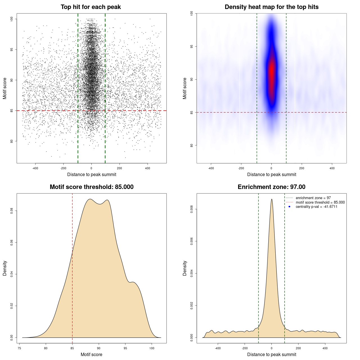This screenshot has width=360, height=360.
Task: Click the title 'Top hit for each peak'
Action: coord(91,7)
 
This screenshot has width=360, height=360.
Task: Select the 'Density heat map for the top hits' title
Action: coord(271,7)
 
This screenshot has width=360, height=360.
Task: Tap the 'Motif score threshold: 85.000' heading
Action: coord(91,187)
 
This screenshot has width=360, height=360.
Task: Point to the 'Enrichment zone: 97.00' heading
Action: coord(271,187)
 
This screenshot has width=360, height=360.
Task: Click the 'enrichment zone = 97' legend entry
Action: coord(313,198)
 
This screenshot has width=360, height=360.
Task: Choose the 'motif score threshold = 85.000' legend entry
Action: coord(320,202)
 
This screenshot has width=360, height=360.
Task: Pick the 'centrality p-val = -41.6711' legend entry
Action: coord(316,207)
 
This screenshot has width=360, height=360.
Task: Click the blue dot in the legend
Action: coord(289,207)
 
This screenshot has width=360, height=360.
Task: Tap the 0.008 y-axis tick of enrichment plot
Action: coord(192,209)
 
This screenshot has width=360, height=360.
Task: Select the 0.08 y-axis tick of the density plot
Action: coord(12,211)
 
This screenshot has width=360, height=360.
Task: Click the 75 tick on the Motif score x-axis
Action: coord(19,348)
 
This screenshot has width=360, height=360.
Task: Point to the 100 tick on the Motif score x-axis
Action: coord(152,348)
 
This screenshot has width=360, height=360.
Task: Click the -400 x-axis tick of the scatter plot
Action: coord(35,168)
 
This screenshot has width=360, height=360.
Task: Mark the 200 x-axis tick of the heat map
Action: coord(302,168)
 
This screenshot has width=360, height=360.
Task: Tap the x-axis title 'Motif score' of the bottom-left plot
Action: coord(91,354)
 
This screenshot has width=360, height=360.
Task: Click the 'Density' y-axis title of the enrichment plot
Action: coord(185,268)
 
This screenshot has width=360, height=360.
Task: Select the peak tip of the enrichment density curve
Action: coord(271,199)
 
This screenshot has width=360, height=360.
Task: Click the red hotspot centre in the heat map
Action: coord(271,70)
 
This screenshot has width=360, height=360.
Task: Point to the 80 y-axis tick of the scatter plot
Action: coord(12,141)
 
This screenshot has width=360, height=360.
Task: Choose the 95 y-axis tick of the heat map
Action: coord(192,46)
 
